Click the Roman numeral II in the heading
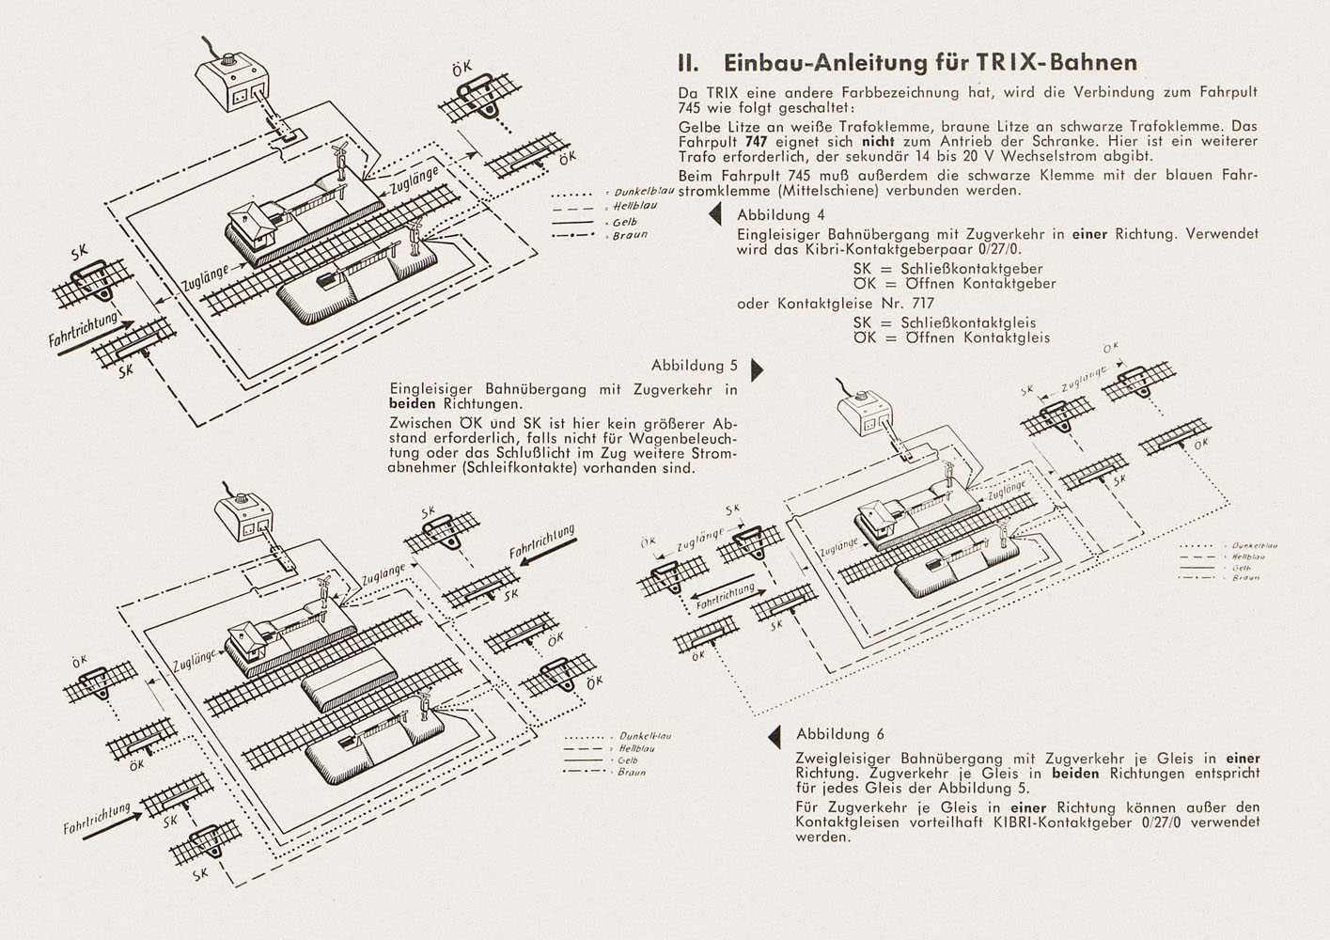click(x=687, y=63)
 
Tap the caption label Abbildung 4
click(x=780, y=214)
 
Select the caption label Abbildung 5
click(x=695, y=366)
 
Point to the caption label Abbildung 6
click(x=840, y=734)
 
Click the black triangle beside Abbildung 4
click(x=715, y=214)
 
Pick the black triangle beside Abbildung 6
click(x=775, y=736)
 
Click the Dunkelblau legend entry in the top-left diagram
click(x=642, y=193)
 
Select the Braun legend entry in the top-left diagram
click(x=630, y=236)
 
